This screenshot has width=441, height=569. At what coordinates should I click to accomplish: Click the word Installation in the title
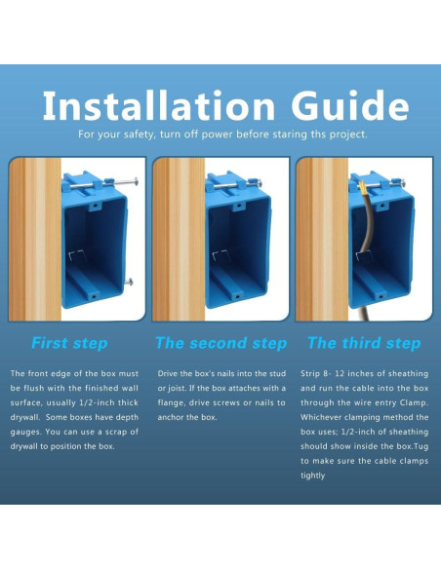point(159,105)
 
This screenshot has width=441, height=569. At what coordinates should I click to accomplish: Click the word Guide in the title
point(350,105)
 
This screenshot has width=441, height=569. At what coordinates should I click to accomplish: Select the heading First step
point(69,343)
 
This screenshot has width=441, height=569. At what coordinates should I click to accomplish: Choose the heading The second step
point(221,343)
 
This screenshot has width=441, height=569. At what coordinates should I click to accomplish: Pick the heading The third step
point(364,343)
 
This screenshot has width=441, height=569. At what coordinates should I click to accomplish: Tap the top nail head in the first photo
point(136,181)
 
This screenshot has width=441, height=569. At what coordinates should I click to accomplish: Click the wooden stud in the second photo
point(179,240)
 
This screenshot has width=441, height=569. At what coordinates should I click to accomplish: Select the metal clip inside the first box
point(77,256)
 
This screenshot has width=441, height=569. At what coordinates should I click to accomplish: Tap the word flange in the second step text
point(171,402)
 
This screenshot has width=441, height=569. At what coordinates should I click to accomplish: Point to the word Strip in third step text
point(309,374)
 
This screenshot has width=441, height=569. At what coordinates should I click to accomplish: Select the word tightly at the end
point(312,475)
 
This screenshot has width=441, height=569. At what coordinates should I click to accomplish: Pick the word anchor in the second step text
point(169,417)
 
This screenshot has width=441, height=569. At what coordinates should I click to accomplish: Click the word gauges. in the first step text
point(25,432)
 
